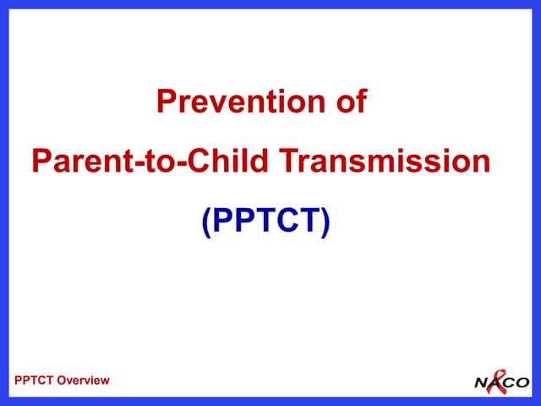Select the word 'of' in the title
350,102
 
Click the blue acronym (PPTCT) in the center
265,219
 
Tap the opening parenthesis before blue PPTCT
205,220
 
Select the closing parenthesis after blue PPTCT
325,220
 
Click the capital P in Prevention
166,102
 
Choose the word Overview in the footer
85,381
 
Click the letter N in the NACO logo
481,382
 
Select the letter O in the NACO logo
522,382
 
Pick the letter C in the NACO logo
509,382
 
